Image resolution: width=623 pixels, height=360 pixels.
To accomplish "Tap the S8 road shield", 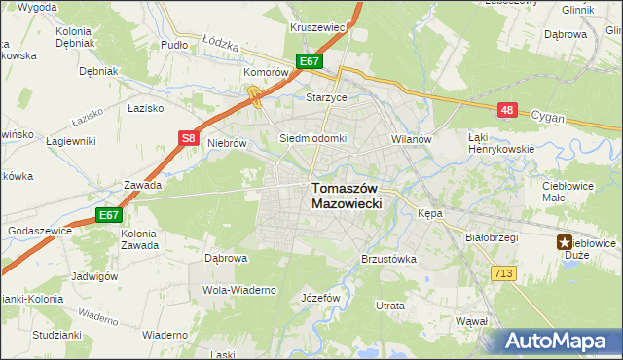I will [190, 139].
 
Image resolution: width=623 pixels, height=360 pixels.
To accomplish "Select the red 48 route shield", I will [506, 111].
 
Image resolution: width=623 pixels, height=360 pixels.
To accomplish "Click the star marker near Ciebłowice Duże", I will [565, 243].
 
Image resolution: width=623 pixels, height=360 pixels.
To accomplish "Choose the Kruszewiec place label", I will [318, 27].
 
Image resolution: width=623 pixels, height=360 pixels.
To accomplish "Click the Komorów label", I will [265, 72].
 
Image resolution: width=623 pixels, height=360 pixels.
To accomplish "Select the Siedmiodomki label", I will [312, 138].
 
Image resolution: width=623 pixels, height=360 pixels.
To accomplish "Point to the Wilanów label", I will [411, 139].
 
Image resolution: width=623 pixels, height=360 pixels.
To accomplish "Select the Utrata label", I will [390, 306].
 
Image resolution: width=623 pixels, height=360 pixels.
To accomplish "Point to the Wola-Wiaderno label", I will [239, 290].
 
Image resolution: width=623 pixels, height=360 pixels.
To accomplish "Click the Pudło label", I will [173, 45].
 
